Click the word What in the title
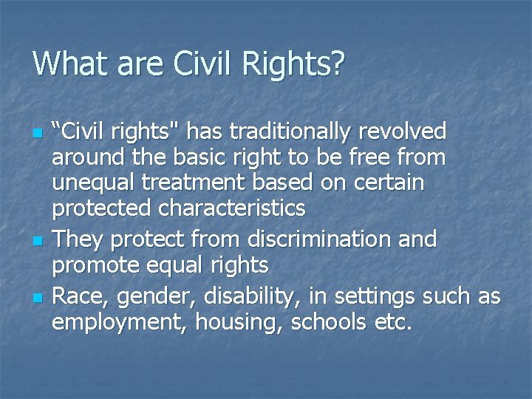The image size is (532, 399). [66, 64]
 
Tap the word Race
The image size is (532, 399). [76, 296]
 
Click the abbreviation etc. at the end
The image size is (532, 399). [391, 323]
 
